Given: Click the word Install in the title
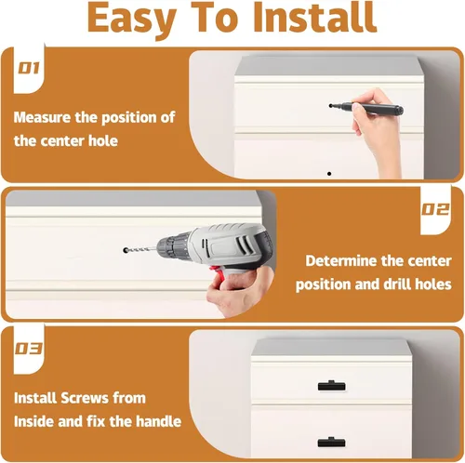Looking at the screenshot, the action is coord(315,18).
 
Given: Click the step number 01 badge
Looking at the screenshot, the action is coord(29,68).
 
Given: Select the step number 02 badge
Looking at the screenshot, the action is coord(435,210).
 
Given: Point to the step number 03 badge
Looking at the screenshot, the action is coord(29,349).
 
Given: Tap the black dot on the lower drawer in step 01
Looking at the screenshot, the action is coord(329,174).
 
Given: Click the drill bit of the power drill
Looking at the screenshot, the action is coord(140,249).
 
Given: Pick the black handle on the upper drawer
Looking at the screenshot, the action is coord(331,386).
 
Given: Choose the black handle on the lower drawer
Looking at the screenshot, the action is coord(331,442).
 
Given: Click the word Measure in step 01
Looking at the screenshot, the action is coord(42,117).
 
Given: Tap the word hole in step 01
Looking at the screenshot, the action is coord(103,141).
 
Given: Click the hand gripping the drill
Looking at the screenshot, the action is coord(240,291).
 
